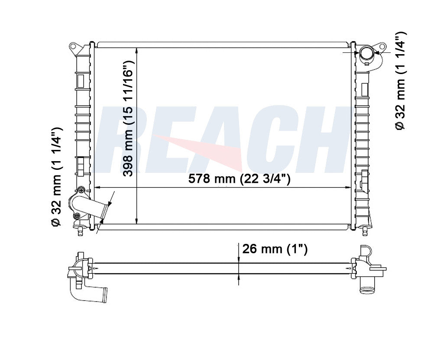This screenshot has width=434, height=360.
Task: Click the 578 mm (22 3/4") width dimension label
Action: [x=239, y=178]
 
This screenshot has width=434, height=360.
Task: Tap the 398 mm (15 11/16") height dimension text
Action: [x=128, y=118]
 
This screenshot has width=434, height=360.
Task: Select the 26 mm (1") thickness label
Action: [x=275, y=249]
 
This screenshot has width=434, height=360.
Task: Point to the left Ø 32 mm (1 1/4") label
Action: [x=56, y=177]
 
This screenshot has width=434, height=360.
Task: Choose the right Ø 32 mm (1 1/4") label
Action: [x=400, y=81]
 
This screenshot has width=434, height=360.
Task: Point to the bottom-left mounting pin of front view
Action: [x=80, y=230]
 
